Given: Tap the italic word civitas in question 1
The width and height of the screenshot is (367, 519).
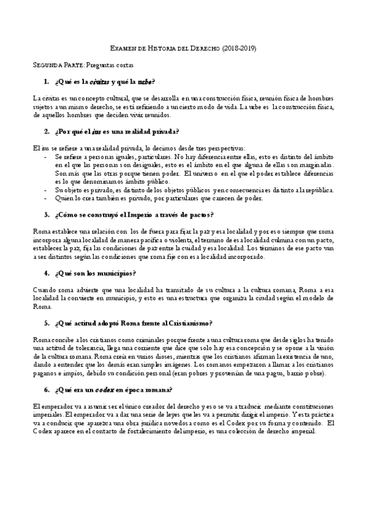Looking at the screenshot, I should click(100, 81).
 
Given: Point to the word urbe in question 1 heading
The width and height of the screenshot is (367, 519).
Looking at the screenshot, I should click(145, 81).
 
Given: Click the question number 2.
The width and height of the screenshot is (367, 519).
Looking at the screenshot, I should click(47, 131).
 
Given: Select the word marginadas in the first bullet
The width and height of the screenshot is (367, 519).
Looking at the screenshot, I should click(317, 165).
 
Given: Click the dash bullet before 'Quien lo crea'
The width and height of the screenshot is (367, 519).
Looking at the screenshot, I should click(48, 198).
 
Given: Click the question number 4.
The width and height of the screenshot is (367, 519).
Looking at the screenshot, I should click(47, 272).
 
